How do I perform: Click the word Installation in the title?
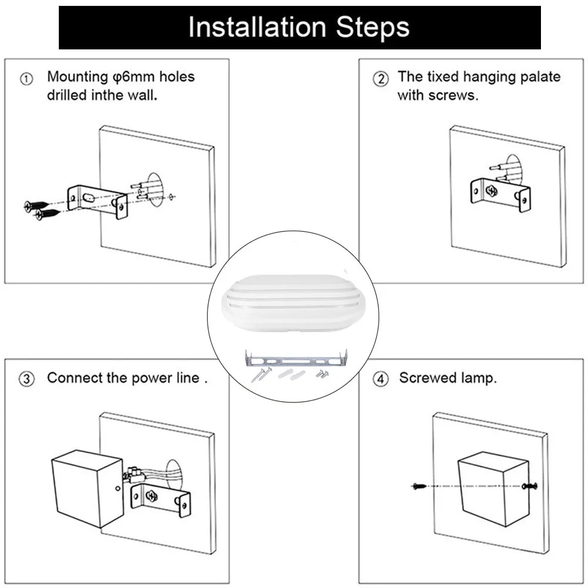tap(258, 27)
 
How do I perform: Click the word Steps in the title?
tap(372, 28)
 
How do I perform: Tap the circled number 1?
tap(26, 79)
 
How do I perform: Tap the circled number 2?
tap(380, 79)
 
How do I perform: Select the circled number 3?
tap(26, 379)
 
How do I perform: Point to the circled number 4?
tap(380, 379)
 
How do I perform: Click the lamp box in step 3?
tap(88, 488)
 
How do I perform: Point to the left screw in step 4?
tap(419, 486)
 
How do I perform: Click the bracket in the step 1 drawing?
tap(98, 201)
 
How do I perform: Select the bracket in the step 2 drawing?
tap(500, 194)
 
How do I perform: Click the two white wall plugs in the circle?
tap(292, 375)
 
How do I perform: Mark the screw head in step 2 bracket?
tap(492, 191)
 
